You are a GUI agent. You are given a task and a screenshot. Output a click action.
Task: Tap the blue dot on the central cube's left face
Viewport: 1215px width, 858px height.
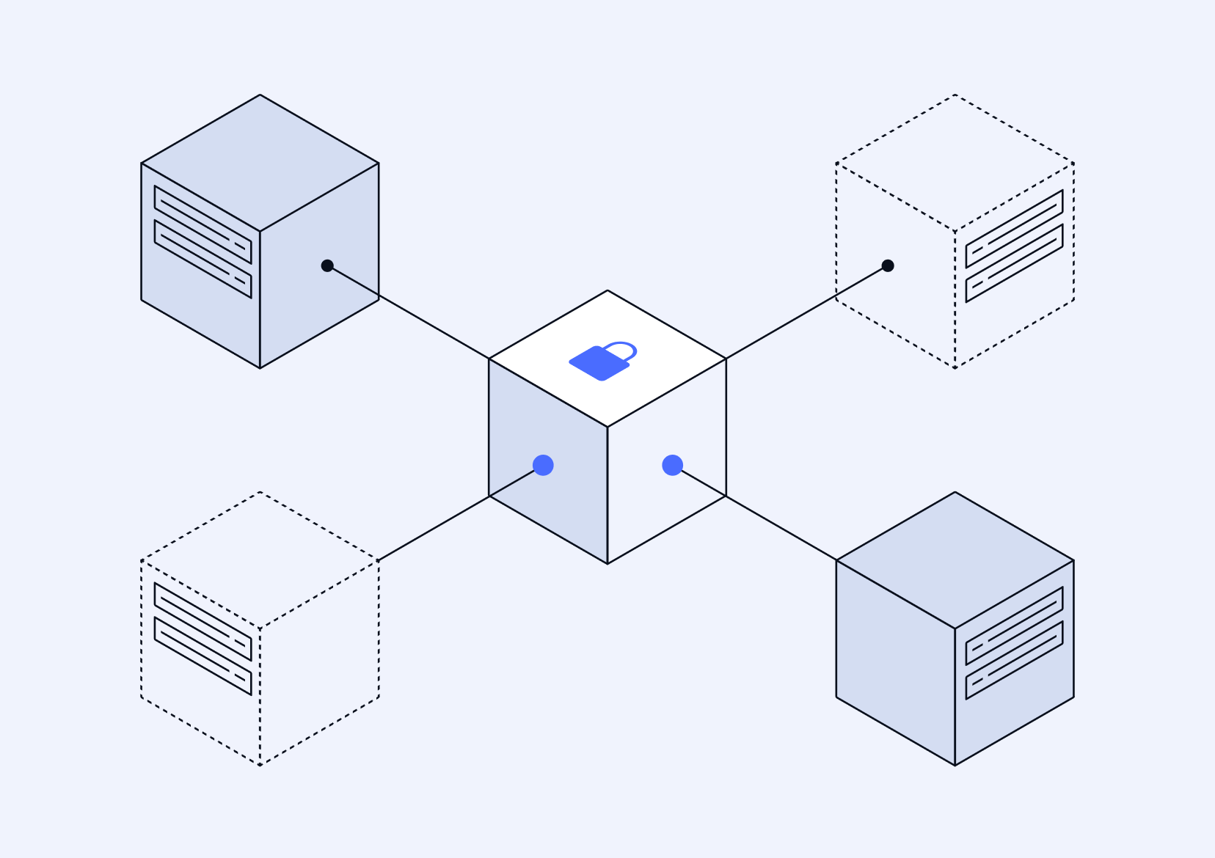point(543,465)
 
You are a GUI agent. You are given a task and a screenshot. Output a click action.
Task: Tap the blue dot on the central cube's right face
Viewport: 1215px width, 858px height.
point(672,465)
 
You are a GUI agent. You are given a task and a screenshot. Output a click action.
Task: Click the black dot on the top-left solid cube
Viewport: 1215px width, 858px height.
point(327,265)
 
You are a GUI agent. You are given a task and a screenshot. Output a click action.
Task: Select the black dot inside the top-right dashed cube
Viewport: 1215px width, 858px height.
point(888,265)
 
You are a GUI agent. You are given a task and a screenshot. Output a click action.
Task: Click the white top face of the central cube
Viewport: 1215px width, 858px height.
point(607,389)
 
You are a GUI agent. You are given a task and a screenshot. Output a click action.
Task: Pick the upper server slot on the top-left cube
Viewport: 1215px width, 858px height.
point(202,224)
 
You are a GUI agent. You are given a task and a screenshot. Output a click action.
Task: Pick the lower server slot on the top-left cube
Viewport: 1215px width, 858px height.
point(202,259)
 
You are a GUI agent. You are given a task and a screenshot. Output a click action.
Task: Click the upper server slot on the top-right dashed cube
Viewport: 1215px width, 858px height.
point(1014,229)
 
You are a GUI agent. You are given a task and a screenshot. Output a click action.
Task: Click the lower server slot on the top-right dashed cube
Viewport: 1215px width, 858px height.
point(1014,263)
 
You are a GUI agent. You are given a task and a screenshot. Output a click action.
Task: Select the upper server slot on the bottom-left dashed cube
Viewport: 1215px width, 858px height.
point(202,622)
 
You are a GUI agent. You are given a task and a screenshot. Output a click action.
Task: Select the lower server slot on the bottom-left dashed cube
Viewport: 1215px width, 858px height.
point(202,656)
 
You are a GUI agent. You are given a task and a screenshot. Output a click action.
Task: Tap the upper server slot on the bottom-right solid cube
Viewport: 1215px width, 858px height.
point(1014,626)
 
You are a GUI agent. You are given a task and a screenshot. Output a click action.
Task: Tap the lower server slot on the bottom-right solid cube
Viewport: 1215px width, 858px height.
point(1014,660)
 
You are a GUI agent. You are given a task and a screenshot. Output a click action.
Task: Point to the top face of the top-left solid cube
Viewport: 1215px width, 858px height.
point(260,163)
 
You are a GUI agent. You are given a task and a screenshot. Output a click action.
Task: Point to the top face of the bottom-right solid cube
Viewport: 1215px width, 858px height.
point(955,560)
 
